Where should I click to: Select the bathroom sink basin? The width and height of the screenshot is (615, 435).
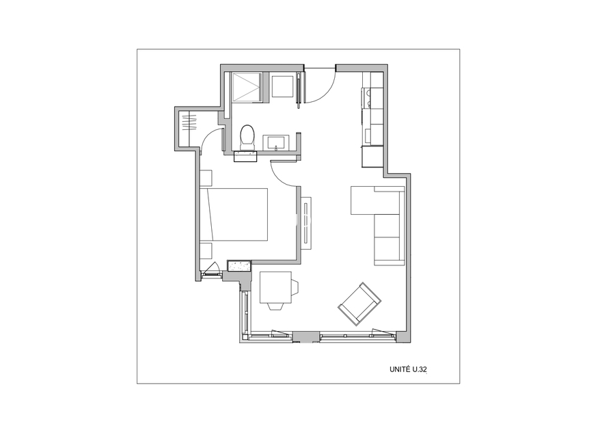pos(276,142)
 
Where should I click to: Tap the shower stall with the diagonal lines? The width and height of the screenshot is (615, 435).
pos(246,86)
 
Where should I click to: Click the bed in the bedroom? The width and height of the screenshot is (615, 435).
pos(234,214)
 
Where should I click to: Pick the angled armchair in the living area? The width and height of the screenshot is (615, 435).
pos(359,304)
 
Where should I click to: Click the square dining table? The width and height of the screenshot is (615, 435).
pos(275,287)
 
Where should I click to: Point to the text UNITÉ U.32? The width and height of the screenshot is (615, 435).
pos(408,369)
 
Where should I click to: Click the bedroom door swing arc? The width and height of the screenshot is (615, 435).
pos(282,177)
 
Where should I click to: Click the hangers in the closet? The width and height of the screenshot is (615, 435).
pos(189,122)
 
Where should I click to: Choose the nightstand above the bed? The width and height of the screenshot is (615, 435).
pos(206,177)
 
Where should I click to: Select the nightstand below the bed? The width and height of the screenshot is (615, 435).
pos(206,251)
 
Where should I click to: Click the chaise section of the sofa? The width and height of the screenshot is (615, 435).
pos(363,200)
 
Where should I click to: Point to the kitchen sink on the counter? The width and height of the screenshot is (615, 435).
pos(368,136)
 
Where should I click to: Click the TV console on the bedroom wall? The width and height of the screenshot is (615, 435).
pos(306,222)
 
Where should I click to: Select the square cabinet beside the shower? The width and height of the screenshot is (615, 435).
pos(282,86)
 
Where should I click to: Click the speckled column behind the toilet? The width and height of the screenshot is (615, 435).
pos(245,157)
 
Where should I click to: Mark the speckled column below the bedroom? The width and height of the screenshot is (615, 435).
pos(239,266)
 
